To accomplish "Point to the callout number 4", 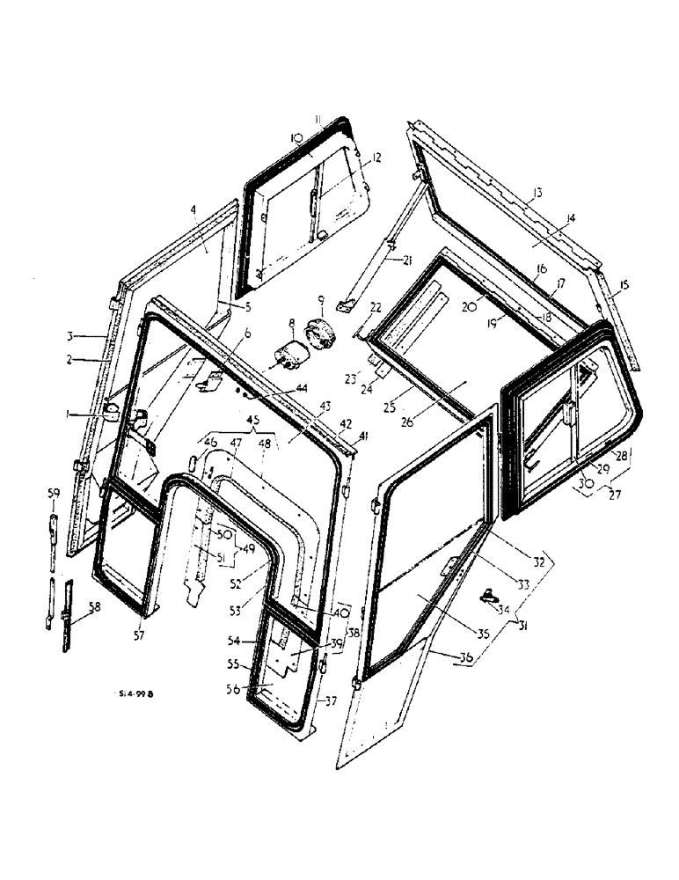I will [191, 210].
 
